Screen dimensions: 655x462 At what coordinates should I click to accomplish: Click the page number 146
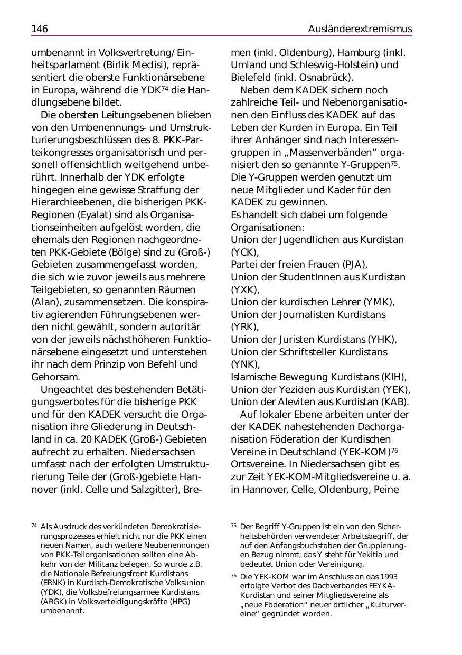40,29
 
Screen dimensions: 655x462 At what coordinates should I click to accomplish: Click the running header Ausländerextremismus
360,29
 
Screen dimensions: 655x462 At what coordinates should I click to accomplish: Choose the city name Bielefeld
250,78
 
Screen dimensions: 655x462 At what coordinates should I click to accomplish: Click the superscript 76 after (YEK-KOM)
394,450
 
